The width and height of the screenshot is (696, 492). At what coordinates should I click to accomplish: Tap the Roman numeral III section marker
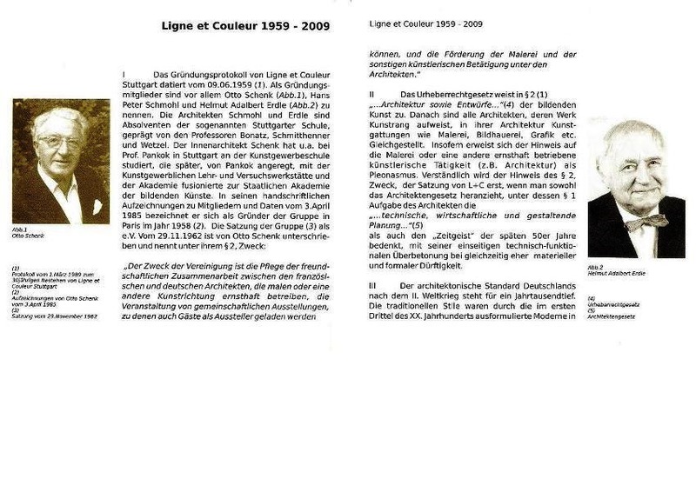coord(374,286)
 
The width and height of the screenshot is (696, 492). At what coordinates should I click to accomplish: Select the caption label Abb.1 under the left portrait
coord(19,229)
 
